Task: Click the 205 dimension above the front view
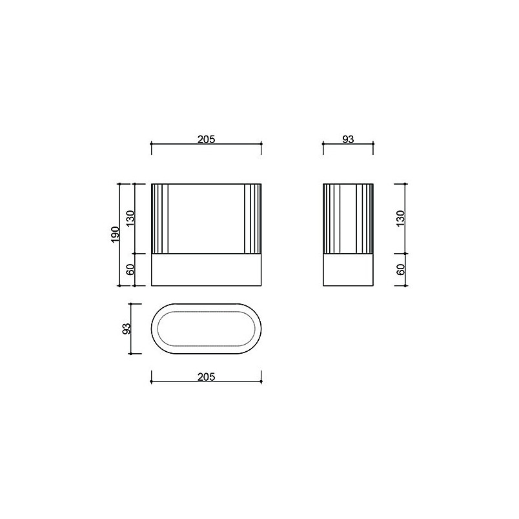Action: (206, 139)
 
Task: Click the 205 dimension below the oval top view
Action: (206, 377)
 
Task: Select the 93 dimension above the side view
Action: (348, 139)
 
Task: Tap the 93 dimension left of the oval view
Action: (127, 329)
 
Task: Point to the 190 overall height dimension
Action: (115, 234)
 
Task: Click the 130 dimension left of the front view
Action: (130, 218)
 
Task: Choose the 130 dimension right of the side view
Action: (400, 218)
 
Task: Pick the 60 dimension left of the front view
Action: (130, 269)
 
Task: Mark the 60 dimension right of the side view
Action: (400, 269)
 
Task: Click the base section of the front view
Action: (206, 270)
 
